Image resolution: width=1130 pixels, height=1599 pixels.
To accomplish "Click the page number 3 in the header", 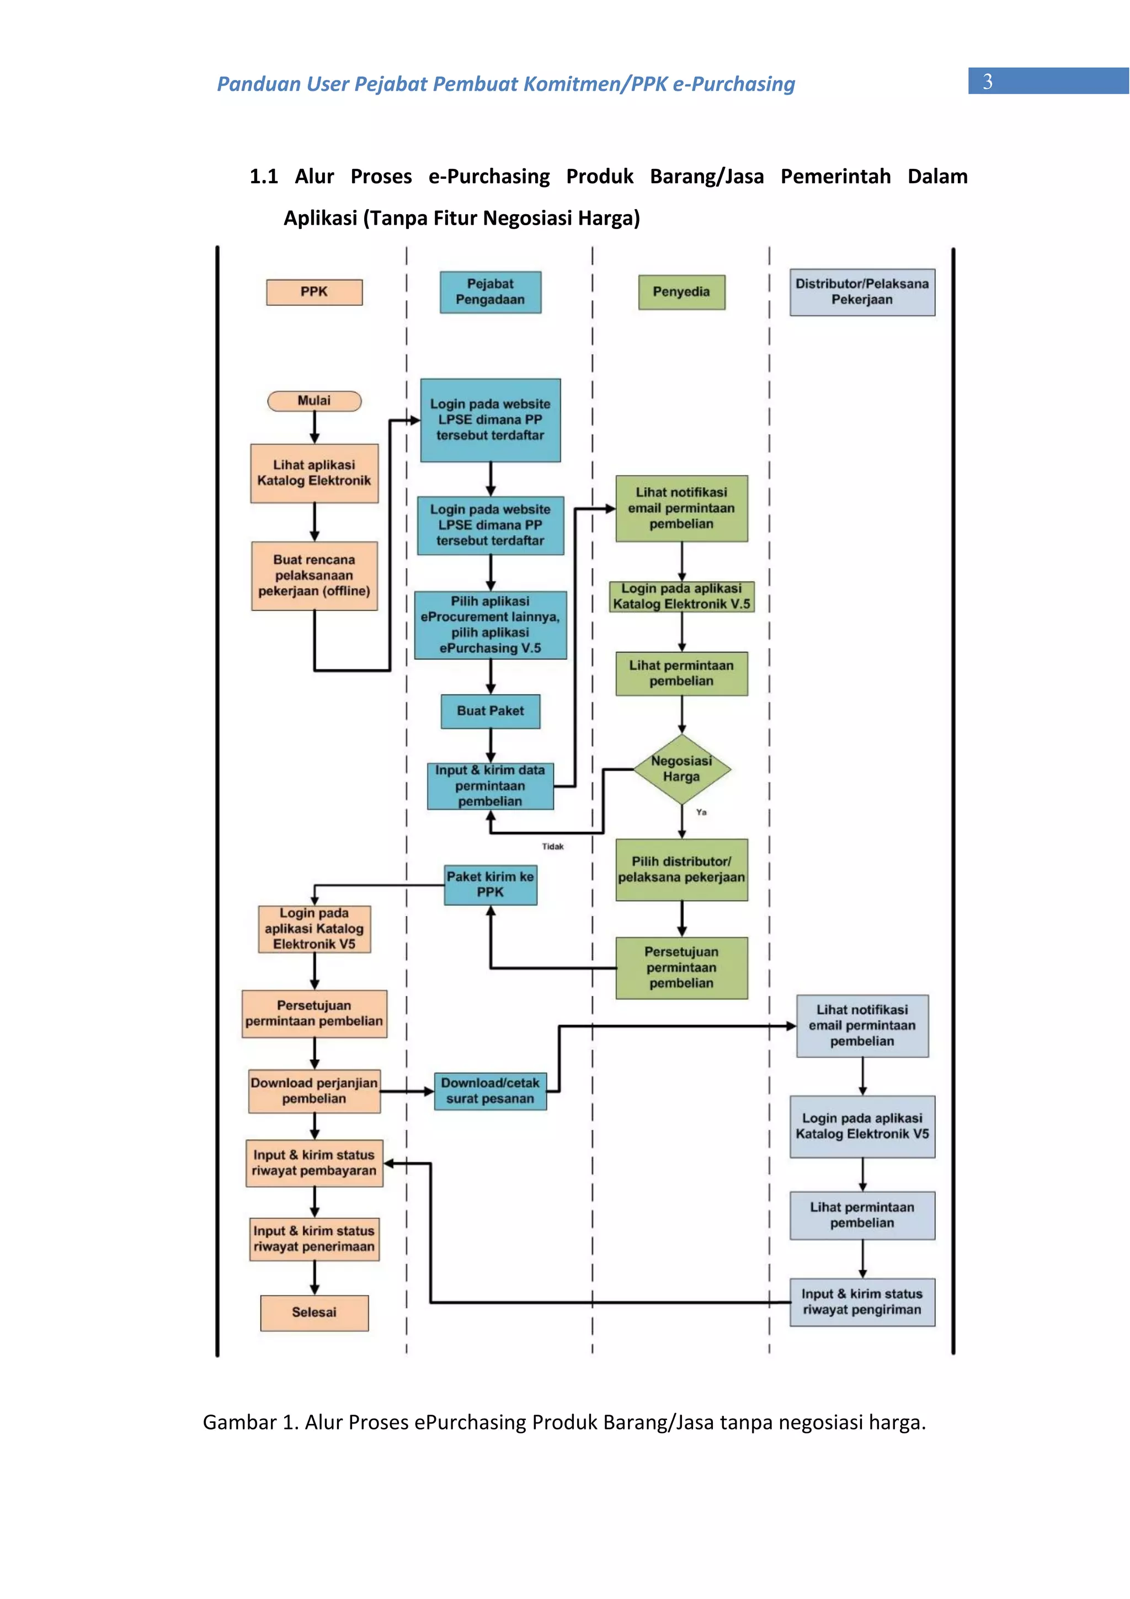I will (x=987, y=82).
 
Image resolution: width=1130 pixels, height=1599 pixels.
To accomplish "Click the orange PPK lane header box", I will (x=314, y=292).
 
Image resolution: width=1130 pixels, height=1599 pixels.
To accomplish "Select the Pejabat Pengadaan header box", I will (x=490, y=292).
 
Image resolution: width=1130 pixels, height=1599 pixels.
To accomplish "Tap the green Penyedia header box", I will (x=681, y=292).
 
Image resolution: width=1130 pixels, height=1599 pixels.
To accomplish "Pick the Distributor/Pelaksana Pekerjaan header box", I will (x=861, y=292).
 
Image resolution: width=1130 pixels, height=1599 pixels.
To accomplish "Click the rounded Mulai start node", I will (x=314, y=401).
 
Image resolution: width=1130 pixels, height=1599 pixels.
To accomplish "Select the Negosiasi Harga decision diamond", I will (x=681, y=769).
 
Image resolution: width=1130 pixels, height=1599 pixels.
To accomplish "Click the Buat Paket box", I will (x=490, y=711).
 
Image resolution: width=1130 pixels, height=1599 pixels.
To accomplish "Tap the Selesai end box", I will (x=314, y=1312).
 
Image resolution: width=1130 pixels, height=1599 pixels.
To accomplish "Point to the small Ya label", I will (x=701, y=812).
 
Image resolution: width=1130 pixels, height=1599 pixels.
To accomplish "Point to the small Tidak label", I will (x=552, y=846).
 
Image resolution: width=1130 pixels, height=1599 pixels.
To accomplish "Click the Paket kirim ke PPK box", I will (x=490, y=884).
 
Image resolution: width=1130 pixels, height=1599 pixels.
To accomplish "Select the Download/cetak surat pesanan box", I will (x=490, y=1091).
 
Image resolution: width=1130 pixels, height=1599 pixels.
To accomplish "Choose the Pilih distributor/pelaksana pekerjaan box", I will (x=681, y=869).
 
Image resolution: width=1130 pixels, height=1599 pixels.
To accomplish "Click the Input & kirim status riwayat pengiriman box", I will (x=861, y=1301).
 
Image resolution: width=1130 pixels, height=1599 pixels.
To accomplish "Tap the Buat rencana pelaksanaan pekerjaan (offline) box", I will (x=314, y=575).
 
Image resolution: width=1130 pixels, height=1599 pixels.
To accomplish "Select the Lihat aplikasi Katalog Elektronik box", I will (x=314, y=473).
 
